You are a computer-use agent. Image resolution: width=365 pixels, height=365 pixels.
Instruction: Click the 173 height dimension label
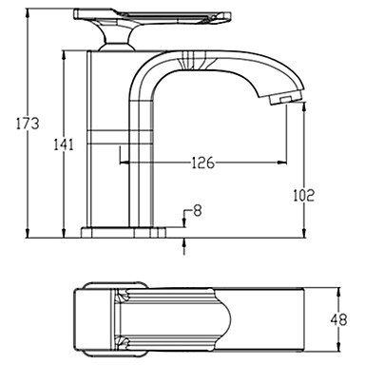tap(28, 123)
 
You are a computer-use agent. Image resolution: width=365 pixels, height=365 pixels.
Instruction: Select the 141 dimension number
tap(64, 144)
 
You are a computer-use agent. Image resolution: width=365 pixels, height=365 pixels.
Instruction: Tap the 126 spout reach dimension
tap(203, 163)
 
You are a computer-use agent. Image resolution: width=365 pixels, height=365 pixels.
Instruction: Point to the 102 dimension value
tap(303, 195)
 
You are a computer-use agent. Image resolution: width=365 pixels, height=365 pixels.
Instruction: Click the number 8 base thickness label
tap(198, 211)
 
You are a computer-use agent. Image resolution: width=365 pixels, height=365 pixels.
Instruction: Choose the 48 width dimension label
tap(338, 320)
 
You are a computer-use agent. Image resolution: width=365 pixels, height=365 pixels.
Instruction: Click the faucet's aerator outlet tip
tap(284, 99)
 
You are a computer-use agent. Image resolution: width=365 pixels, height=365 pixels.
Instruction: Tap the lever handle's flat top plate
tap(152, 16)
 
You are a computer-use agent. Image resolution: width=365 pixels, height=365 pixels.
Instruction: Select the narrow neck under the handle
tap(116, 38)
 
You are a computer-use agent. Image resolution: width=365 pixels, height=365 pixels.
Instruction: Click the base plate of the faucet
tap(124, 232)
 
